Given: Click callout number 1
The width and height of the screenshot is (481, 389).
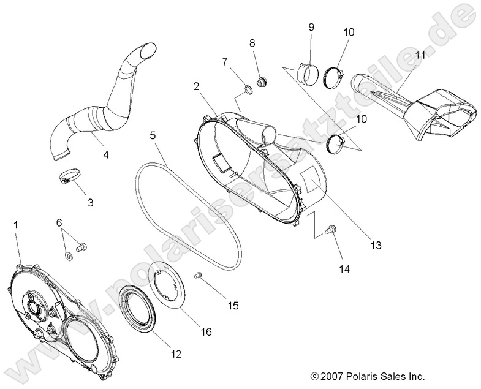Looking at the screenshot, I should pyautogui.click(x=16, y=226).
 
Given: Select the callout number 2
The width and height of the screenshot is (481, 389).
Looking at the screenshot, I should pyautogui.click(x=196, y=87).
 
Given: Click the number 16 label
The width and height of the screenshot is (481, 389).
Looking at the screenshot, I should pyautogui.click(x=206, y=332).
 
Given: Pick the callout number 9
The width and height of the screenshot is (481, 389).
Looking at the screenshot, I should pyautogui.click(x=311, y=27).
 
